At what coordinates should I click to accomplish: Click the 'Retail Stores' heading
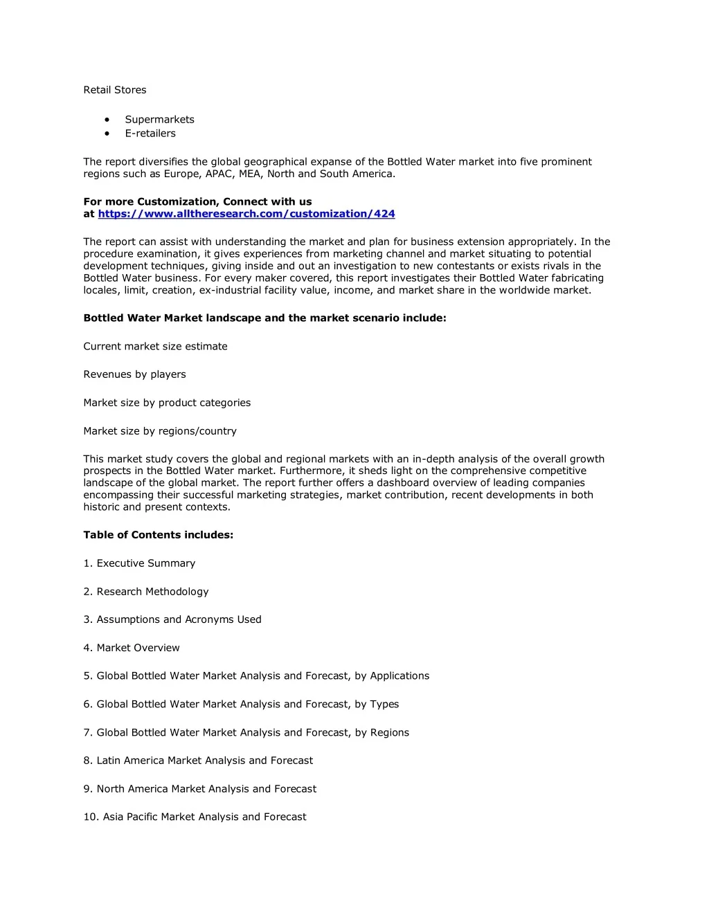point(115,90)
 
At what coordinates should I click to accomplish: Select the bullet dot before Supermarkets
point(107,120)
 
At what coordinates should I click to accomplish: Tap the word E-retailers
point(150,134)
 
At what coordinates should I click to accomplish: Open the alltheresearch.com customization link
point(246,214)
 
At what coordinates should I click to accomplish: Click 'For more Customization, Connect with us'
point(197,202)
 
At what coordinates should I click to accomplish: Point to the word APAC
point(219,174)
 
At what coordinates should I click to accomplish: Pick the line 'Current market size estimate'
point(155,347)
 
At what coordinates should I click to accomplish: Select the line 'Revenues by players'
point(134,374)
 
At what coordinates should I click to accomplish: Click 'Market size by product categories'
point(167,403)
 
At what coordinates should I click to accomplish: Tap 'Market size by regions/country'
point(160,431)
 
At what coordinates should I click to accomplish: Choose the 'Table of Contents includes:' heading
point(158,535)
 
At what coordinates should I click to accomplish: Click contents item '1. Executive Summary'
point(139,563)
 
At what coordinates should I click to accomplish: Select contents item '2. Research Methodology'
point(145,592)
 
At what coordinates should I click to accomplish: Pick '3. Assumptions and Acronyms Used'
point(172,619)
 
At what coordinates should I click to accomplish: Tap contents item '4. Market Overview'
point(132,648)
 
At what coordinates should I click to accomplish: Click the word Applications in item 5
point(400,676)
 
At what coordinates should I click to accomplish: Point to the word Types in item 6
point(384,705)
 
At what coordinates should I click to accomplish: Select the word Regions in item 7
point(390,733)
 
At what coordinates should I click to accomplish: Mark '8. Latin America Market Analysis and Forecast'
point(198,761)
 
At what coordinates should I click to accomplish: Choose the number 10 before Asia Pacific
point(90,817)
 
